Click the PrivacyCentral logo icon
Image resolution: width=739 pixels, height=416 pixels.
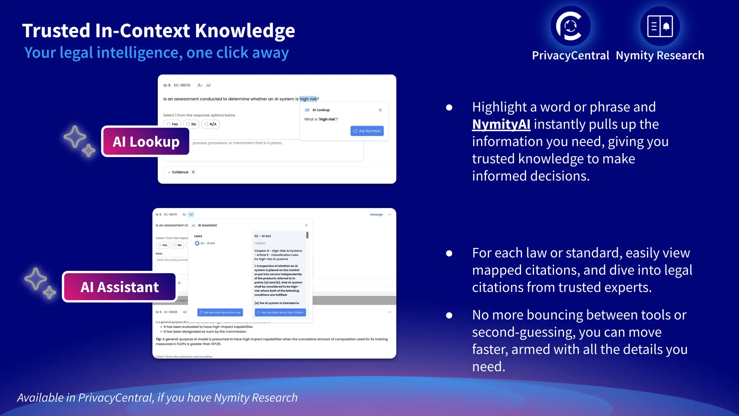570,26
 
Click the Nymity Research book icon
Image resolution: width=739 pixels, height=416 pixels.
660,26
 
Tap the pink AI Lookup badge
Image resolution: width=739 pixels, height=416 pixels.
146,142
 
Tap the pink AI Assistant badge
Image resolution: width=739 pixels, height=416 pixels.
119,287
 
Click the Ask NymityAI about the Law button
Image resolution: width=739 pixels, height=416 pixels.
220,312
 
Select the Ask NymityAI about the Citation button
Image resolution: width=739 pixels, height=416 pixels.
280,312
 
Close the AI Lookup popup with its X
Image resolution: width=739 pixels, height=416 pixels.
380,110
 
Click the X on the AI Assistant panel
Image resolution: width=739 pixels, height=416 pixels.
306,225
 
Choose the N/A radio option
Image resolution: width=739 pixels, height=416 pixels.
211,124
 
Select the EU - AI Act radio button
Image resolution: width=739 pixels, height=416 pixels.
197,243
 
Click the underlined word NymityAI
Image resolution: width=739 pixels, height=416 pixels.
501,124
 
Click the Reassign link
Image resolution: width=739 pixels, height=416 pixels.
376,214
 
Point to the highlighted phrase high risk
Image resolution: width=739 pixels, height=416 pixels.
308,99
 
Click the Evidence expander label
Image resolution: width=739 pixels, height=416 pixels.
180,172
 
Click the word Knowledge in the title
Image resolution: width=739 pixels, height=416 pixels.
245,31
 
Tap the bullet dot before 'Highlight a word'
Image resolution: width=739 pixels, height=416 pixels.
449,107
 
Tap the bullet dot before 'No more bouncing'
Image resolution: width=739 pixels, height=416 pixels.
449,315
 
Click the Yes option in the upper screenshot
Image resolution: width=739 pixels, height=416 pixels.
172,124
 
